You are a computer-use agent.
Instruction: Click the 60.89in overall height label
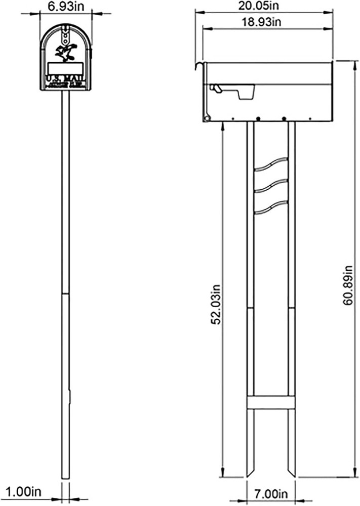[348, 284]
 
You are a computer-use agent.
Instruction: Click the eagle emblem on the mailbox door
[65, 52]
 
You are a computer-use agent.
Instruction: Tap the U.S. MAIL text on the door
[65, 79]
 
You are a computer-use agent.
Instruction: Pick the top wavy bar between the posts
[271, 165]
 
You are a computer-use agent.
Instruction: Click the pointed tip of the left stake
[251, 476]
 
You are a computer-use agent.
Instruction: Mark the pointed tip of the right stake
[292, 476]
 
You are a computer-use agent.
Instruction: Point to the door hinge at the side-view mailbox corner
[207, 118]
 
